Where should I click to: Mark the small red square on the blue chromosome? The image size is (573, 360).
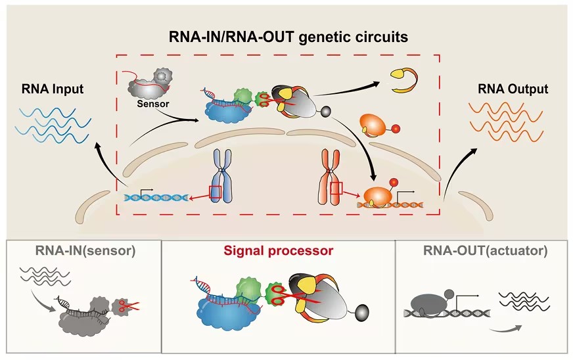click(x=215, y=192)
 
